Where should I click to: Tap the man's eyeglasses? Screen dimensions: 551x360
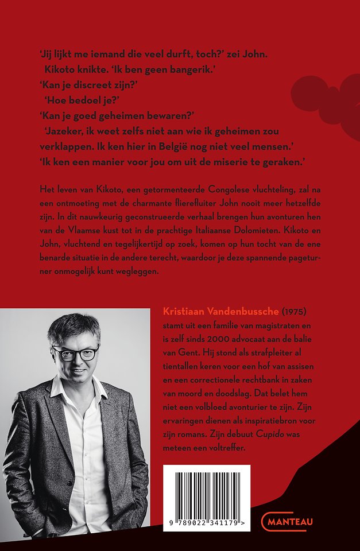click(75, 352)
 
